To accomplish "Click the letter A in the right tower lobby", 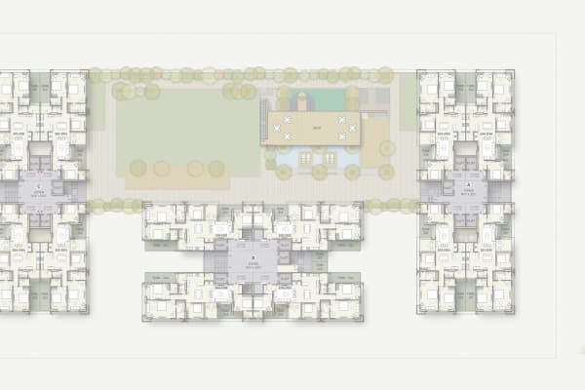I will pyautogui.click(x=468, y=183).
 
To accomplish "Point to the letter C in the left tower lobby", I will pyautogui.click(x=38, y=183).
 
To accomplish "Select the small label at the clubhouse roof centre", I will pyautogui.click(x=316, y=128).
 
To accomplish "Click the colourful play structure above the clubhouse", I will pyautogui.click(x=302, y=100).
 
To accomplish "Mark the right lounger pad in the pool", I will pyautogui.click(x=331, y=157).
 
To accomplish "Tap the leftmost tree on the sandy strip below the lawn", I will pyautogui.click(x=137, y=168).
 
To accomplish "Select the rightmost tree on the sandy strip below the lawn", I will pyautogui.click(x=216, y=168).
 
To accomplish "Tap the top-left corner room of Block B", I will pyautogui.click(x=157, y=214).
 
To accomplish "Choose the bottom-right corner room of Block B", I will pyautogui.click(x=349, y=306).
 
